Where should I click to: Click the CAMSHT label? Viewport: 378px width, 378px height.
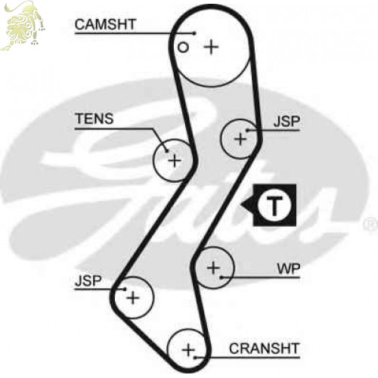tap(105, 24)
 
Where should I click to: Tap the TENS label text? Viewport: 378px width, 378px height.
tap(94, 119)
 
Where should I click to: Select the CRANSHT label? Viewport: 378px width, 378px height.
tap(264, 349)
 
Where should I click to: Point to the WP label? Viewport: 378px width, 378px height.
tap(289, 268)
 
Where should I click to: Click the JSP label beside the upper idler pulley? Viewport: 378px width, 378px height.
tap(287, 122)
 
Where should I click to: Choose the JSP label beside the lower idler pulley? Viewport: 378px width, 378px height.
tap(88, 280)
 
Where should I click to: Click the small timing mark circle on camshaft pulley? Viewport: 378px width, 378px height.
tap(183, 48)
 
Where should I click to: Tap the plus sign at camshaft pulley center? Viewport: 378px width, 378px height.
tap(211, 47)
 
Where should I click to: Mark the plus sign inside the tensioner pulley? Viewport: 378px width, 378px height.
tap(175, 160)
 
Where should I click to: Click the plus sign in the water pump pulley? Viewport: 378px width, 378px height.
tap(213, 268)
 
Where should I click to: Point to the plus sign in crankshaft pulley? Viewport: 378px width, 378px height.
tap(188, 350)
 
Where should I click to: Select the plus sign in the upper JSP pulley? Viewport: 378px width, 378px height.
tap(240, 139)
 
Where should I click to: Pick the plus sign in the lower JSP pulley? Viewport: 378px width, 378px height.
tap(133, 299)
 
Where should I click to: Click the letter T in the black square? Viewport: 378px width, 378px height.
tap(274, 206)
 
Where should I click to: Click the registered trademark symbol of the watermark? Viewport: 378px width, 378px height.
tap(370, 225)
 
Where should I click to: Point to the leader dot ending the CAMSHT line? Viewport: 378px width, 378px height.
tap(194, 33)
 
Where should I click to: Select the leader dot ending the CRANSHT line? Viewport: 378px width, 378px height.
tap(195, 357)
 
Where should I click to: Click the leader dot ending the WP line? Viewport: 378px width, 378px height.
tap(221, 277)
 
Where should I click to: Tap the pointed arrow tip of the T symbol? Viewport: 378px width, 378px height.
tap(241, 203)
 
